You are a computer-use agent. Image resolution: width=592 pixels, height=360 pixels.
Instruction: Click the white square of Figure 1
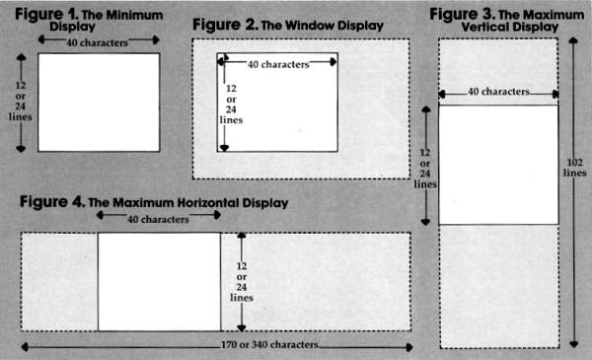[99, 102]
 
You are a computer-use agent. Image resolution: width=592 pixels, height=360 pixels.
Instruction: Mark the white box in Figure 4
[159, 281]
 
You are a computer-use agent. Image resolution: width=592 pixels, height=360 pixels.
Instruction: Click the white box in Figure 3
[497, 164]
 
